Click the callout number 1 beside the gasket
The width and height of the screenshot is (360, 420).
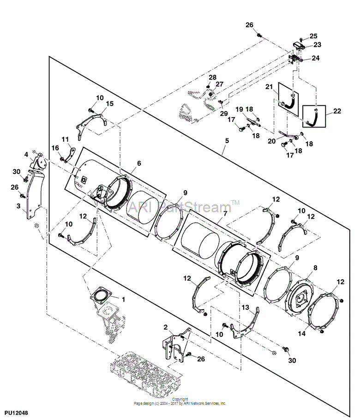(x=123, y=299)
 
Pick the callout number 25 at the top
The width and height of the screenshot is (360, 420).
(x=313, y=36)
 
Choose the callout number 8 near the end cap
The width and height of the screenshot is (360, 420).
(x=315, y=267)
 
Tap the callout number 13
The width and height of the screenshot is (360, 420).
(x=245, y=307)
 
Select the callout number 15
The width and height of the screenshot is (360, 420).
(x=109, y=104)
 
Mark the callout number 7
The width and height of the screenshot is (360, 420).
(x=225, y=214)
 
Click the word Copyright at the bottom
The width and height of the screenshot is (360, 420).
(x=180, y=399)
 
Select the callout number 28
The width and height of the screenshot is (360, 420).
(x=212, y=77)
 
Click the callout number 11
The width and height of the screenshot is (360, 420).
(x=65, y=139)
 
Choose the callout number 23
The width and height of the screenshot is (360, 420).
(x=317, y=45)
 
